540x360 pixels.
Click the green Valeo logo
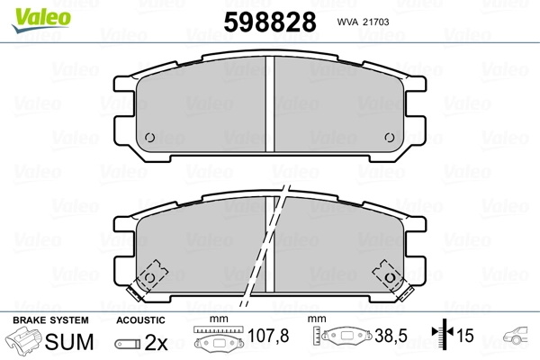point(41,20)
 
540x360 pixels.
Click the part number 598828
point(270,22)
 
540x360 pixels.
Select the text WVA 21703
point(363,22)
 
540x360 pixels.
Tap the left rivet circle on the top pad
point(149,138)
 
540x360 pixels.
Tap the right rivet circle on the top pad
point(390,138)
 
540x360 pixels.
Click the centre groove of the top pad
point(270,104)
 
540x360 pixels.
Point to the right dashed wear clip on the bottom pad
point(392,279)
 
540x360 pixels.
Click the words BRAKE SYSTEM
point(50,320)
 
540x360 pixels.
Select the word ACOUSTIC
point(140,320)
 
